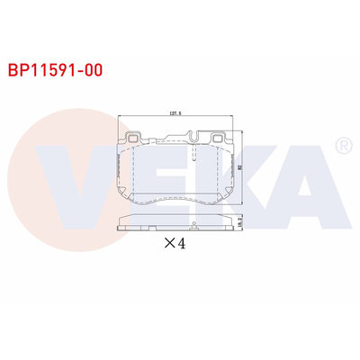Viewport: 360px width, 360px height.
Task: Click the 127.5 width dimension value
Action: [176, 114]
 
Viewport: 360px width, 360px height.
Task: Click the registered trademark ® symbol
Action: [342, 145]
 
